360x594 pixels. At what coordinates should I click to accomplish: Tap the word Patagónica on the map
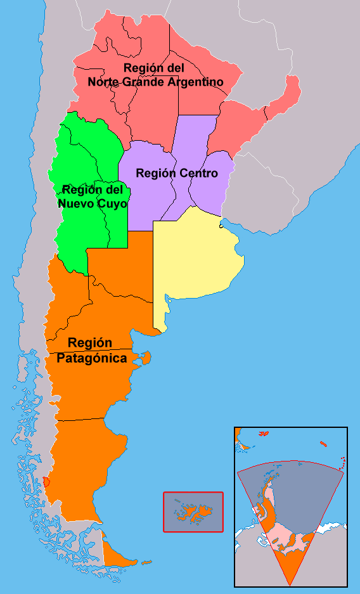coord(91,358)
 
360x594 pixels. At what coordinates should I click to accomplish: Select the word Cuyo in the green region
coord(111,204)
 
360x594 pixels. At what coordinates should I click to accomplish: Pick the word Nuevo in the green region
coord(76,204)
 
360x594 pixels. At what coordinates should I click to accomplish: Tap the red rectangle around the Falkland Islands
coord(193,493)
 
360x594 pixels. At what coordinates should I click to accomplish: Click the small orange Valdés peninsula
coord(146,359)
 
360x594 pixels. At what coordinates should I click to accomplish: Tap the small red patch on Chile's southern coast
coord(46,482)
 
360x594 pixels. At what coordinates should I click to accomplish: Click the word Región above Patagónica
coord(90,343)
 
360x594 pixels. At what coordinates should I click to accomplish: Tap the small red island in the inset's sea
coord(323,444)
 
